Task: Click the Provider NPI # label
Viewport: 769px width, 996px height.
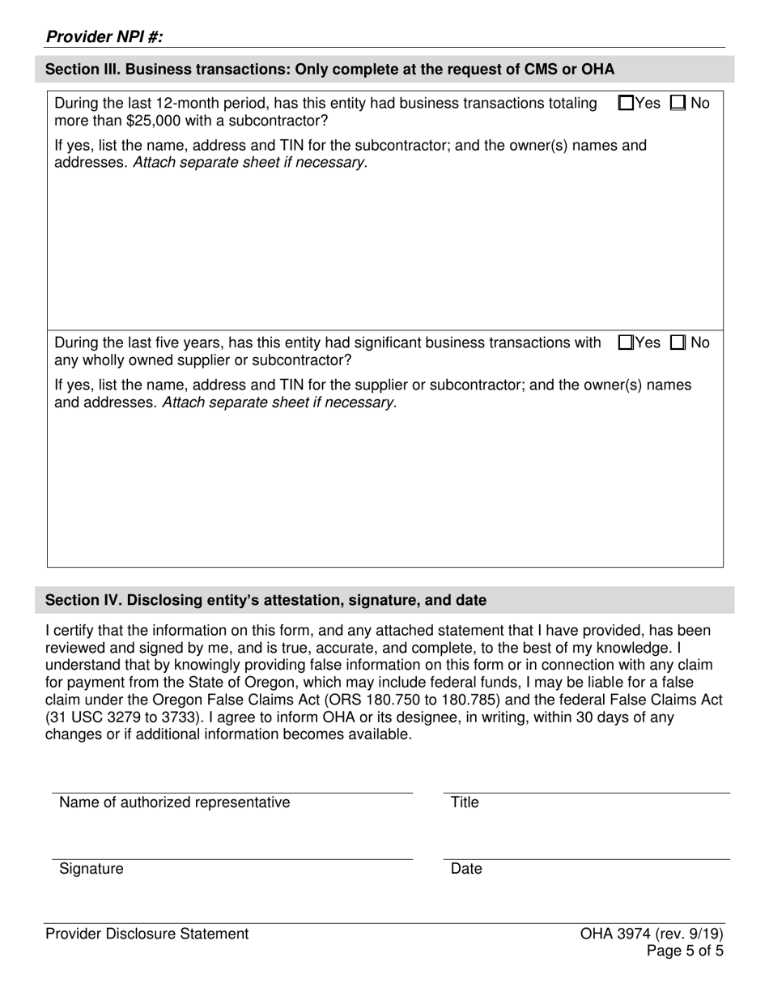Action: [104, 36]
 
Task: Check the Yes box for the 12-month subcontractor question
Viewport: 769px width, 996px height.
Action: [626, 104]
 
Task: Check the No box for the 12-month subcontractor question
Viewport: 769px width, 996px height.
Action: [678, 104]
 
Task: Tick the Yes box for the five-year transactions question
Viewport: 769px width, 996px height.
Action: [626, 343]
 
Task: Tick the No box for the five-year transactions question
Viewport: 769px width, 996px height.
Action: [678, 343]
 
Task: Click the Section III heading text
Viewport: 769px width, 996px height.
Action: [329, 70]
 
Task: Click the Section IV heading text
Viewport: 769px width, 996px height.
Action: [266, 600]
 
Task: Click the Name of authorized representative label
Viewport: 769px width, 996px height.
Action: [174, 802]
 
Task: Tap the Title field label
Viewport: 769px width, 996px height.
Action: [465, 802]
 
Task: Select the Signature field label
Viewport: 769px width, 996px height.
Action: [91, 869]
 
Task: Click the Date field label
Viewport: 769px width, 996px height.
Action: [466, 869]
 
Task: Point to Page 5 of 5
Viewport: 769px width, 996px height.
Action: [685, 951]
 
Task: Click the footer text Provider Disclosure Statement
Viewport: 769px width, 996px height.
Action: [147, 934]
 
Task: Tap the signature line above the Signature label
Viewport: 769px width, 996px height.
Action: [232, 858]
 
